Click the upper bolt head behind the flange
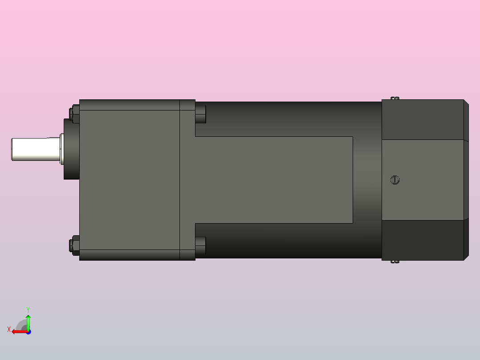tap(201, 114)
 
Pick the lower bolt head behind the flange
tap(201, 246)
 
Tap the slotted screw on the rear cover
tap(395, 180)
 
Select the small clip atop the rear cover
tap(395, 98)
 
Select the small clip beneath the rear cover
tap(395, 262)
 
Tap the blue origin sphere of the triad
tap(28, 331)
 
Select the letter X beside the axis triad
tap(9, 329)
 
